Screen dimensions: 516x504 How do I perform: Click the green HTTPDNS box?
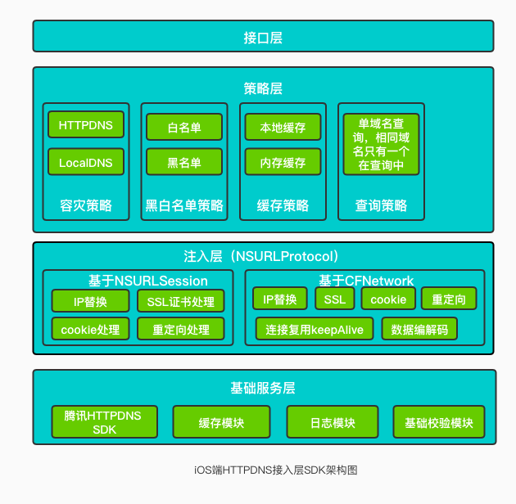point(86,124)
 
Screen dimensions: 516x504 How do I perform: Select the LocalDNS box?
point(86,162)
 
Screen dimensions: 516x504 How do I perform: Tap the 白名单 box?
point(184,127)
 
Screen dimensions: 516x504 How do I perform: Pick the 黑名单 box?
point(184,162)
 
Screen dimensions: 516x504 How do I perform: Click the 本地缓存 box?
point(283,127)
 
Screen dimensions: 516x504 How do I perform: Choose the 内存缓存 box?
point(283,162)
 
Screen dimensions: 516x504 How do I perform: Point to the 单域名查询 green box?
point(381,144)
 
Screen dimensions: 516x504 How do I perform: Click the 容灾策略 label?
point(86,206)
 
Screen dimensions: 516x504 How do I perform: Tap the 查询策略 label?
point(381,206)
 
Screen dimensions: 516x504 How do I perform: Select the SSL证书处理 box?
point(181,301)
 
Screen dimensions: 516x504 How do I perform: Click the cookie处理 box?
point(90,329)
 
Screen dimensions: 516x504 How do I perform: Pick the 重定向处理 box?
point(181,329)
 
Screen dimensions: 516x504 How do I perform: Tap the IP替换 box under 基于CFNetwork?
point(280,299)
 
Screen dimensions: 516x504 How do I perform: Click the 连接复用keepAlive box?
point(315,329)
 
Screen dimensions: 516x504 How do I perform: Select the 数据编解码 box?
point(419,329)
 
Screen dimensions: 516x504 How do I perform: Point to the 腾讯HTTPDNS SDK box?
point(105,422)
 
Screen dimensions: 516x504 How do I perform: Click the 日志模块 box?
point(333,422)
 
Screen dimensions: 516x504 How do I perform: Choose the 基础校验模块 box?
point(439,422)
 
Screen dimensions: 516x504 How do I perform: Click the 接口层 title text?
point(263,38)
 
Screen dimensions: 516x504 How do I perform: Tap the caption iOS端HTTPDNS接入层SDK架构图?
point(276,470)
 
